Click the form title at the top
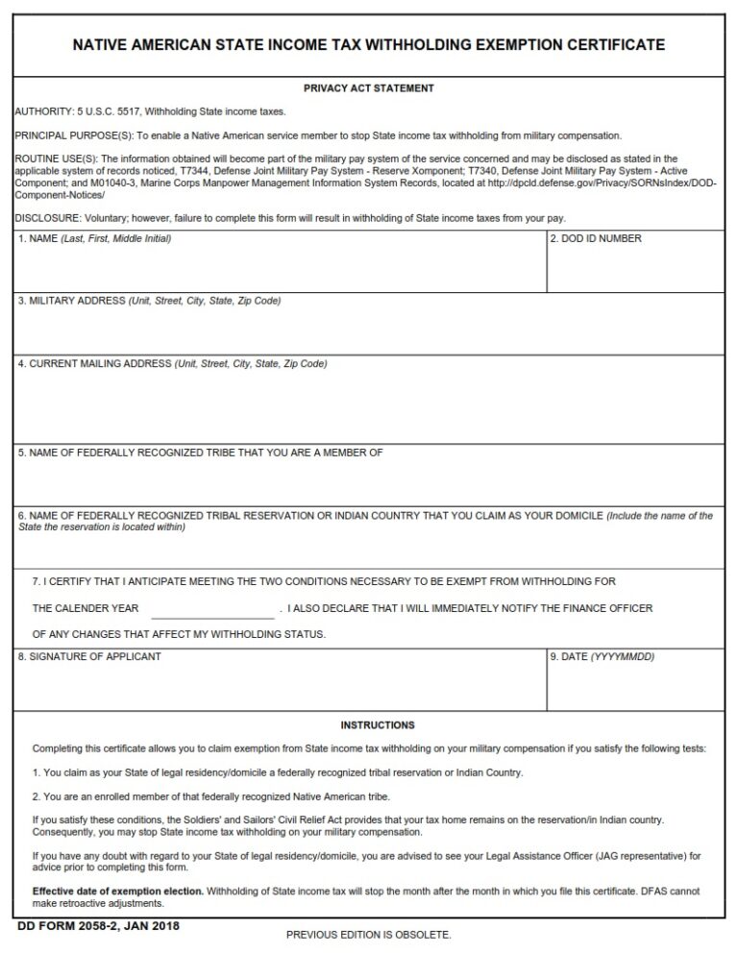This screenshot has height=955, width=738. coord(369,45)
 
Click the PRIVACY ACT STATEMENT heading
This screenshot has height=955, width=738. coord(369,88)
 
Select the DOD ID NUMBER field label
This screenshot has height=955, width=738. coord(596,238)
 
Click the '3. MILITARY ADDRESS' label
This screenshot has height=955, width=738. coord(72,301)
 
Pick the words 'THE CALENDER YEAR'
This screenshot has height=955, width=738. coord(86,608)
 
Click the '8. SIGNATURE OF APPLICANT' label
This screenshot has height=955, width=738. coord(89,656)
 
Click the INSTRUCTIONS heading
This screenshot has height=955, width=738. coord(378,725)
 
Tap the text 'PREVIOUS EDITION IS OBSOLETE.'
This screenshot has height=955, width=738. coord(369,934)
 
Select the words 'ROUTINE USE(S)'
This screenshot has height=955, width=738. coord(50,159)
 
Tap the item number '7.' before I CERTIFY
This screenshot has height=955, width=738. coord(37,581)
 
